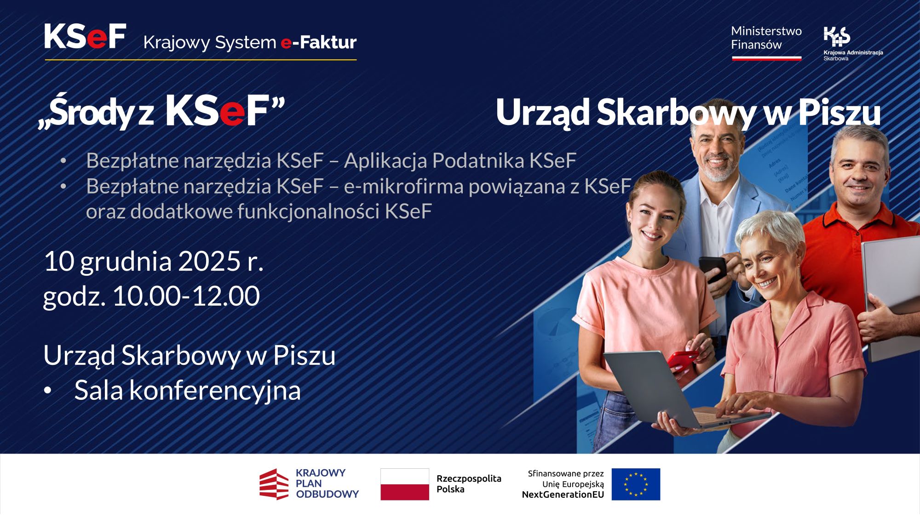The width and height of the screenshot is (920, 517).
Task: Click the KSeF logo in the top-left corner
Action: (x=85, y=36)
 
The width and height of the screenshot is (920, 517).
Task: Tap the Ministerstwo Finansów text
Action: (x=766, y=38)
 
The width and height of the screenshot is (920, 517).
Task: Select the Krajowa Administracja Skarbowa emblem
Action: (x=837, y=36)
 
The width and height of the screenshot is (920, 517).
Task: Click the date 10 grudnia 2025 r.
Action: (x=154, y=261)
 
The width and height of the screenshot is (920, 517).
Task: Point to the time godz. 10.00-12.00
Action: (x=151, y=296)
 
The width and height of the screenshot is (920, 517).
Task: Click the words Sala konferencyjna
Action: (x=187, y=390)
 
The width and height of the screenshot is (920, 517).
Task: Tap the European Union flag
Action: (x=636, y=484)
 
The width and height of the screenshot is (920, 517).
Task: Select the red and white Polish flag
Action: (x=404, y=484)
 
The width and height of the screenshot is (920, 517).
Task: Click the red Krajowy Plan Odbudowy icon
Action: (x=274, y=484)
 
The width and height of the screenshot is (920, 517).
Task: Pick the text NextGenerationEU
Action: (x=563, y=494)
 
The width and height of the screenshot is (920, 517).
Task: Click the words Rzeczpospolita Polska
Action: (x=468, y=483)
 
